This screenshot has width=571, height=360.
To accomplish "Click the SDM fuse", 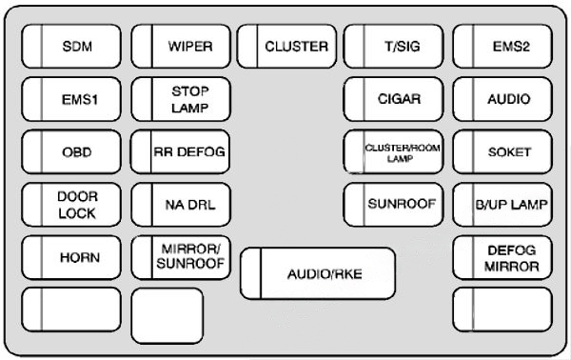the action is pos(70,45).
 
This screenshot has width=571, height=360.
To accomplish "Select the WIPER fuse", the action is pos(181,45).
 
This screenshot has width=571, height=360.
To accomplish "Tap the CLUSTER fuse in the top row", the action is pos(286,45).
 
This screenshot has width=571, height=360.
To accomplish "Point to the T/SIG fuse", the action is pos(393,45).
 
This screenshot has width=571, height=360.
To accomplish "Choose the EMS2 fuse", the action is pos(502,45).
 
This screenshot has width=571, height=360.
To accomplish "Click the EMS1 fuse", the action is pos(70,98).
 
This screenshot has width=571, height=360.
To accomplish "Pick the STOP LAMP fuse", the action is pos(181,98).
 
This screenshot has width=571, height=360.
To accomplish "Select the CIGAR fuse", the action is pos(393,98).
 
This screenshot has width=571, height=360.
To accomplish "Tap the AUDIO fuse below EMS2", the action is pos(502,98).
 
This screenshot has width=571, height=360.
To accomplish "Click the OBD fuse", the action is pos(70,150).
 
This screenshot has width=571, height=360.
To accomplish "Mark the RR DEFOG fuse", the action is pos(181,150).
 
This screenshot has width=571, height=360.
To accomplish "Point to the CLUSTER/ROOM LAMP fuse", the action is pos(393,150).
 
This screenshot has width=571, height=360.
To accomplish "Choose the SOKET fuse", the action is pos(502,150).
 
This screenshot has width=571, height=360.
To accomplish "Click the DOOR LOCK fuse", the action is pos(70,203).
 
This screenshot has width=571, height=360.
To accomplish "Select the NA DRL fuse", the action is pos(181,203).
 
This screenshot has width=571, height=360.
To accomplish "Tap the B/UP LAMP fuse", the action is pos(502,203).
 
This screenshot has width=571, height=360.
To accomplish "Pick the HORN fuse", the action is pos(70,256).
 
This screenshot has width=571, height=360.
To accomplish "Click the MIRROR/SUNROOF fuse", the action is pos(181,256).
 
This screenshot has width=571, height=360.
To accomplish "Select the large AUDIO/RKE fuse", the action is pos(318,274).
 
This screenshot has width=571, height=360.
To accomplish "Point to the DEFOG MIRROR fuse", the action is pos(502,256).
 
